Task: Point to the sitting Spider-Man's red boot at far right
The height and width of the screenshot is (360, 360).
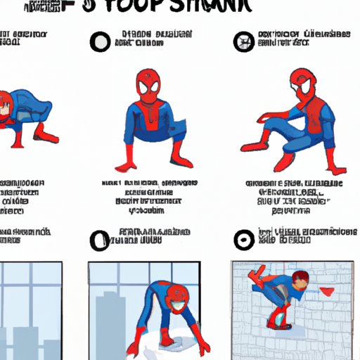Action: [337, 169]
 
